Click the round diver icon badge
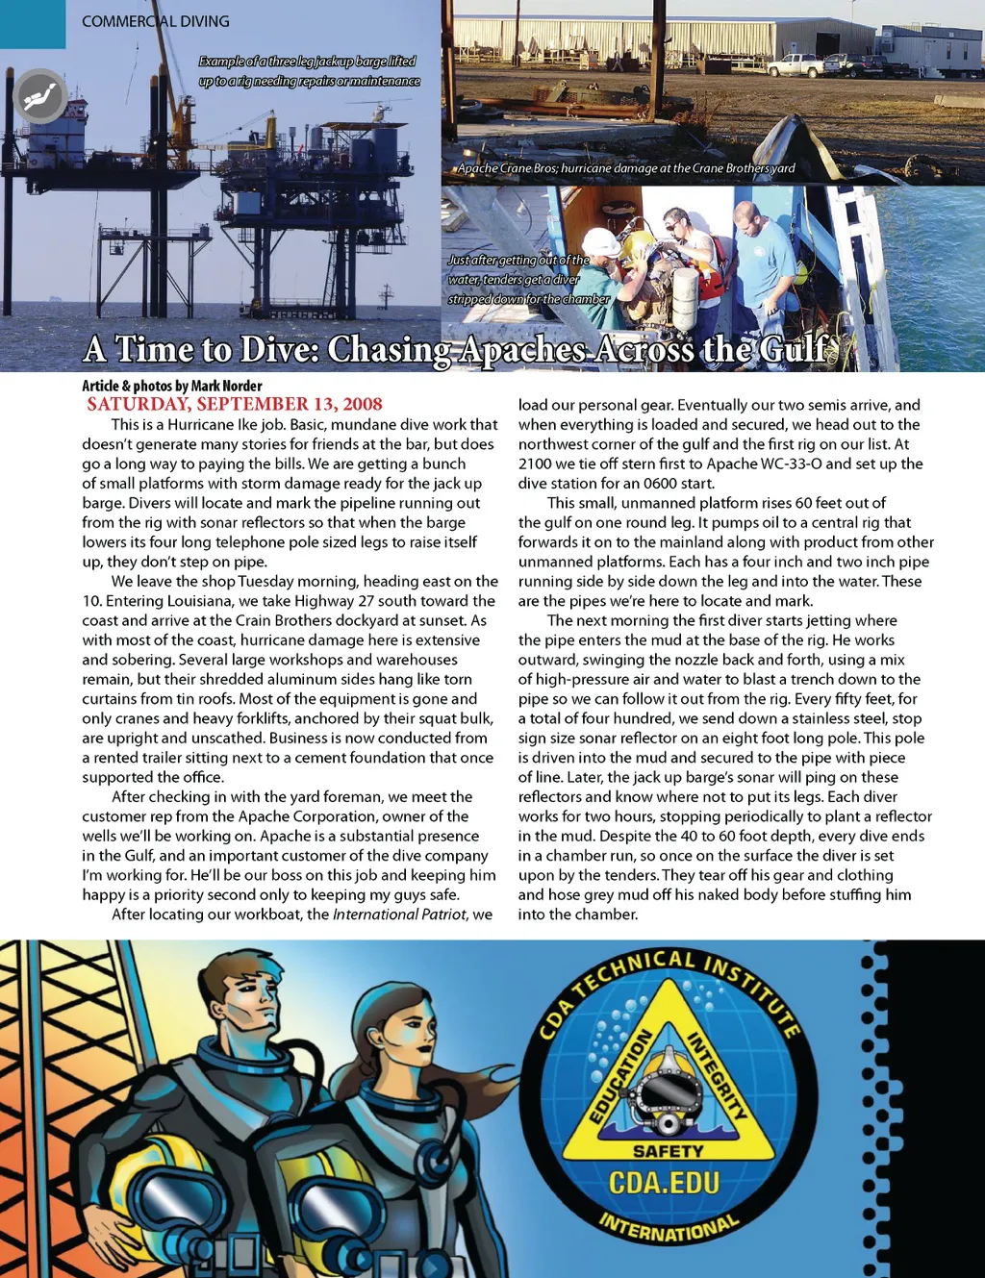pyautogui.click(x=40, y=96)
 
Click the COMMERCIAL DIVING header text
pyautogui.click(x=155, y=21)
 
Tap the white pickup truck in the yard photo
pyautogui.click(x=795, y=65)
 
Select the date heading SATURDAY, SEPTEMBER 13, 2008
pyautogui.click(x=235, y=404)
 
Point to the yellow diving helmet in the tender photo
pyautogui.click(x=636, y=242)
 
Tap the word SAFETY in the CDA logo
pyautogui.click(x=668, y=1151)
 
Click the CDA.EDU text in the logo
pyautogui.click(x=664, y=1182)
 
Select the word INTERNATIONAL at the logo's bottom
pyautogui.click(x=669, y=1229)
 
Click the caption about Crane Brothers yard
pyautogui.click(x=626, y=168)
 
